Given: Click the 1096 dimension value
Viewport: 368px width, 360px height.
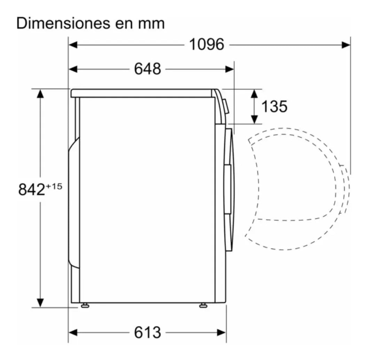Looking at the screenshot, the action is click(x=207, y=45).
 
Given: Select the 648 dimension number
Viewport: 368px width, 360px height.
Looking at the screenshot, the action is click(x=147, y=69).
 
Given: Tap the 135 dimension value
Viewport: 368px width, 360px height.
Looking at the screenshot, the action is click(x=274, y=106).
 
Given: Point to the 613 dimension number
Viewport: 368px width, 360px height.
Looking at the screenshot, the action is click(x=147, y=332).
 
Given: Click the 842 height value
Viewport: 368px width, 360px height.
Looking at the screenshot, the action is click(x=31, y=189).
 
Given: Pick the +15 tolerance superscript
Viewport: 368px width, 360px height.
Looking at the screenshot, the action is click(x=54, y=187).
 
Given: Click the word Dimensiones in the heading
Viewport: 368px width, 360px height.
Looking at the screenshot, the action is click(x=63, y=23).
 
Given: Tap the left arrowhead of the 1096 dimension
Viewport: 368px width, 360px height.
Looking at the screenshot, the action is click(x=73, y=45).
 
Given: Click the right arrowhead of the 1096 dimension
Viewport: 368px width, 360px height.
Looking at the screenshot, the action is click(x=346, y=45).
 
